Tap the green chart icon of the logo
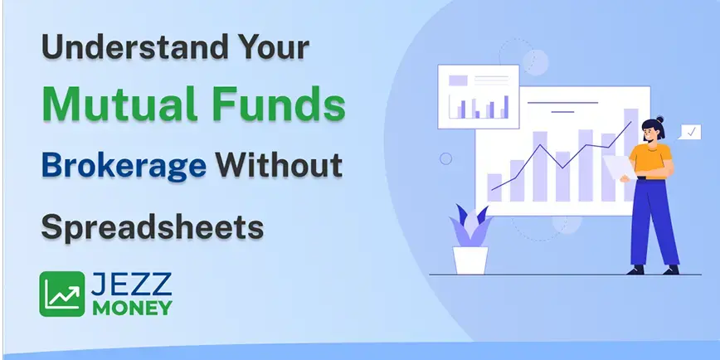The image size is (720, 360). pyautogui.click(x=62, y=294)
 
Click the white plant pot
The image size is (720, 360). pyautogui.click(x=470, y=260)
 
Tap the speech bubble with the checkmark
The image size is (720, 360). pyautogui.click(x=690, y=131)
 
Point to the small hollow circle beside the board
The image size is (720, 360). pyautogui.click(x=446, y=158)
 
